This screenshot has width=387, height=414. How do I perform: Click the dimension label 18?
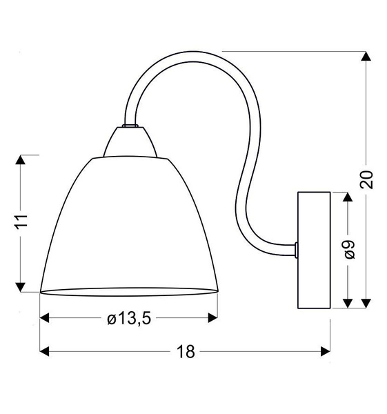[x=185, y=351]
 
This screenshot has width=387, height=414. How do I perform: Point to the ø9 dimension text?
[x=348, y=249]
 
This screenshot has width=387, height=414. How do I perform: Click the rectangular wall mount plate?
[x=313, y=249]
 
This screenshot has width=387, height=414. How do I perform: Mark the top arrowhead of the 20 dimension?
[x=366, y=57]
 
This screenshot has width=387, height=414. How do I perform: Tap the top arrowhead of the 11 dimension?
[x=22, y=161]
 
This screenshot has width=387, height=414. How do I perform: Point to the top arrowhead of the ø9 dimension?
[x=348, y=197]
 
